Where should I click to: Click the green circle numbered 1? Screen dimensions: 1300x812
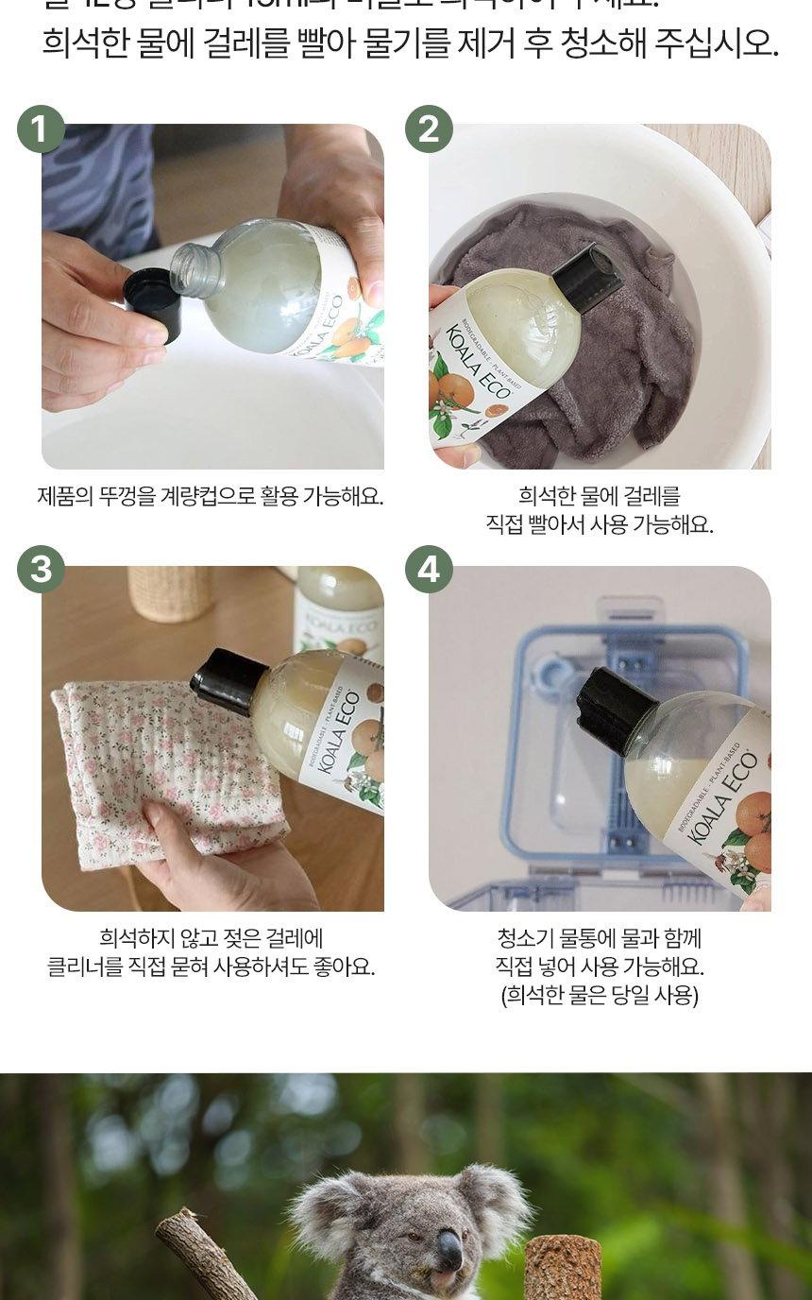click(x=41, y=128)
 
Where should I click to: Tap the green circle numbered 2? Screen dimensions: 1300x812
click(x=429, y=128)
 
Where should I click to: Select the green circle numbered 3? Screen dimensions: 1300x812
click(x=41, y=570)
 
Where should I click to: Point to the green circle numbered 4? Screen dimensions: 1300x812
click(x=429, y=570)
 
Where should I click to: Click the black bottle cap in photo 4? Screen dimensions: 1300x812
click(x=614, y=709)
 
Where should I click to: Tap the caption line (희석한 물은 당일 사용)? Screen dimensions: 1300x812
click(x=600, y=995)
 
